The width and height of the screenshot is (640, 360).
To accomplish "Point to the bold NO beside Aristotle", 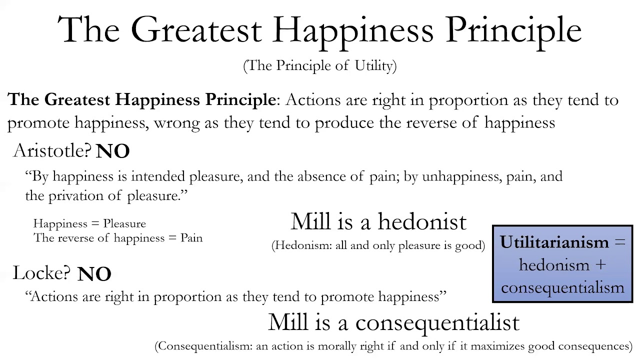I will coord(112,151).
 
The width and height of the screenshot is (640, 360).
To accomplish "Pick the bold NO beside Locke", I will coord(94,274).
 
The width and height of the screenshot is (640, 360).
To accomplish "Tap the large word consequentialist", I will coord(437,322).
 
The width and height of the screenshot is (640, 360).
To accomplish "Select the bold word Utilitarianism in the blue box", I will coord(554,242).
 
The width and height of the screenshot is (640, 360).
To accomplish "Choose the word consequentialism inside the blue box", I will coord(562,287).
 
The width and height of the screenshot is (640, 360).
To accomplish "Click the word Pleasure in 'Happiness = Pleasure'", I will coord(124,224).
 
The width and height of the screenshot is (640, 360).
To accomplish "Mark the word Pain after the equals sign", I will coord(191,238).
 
